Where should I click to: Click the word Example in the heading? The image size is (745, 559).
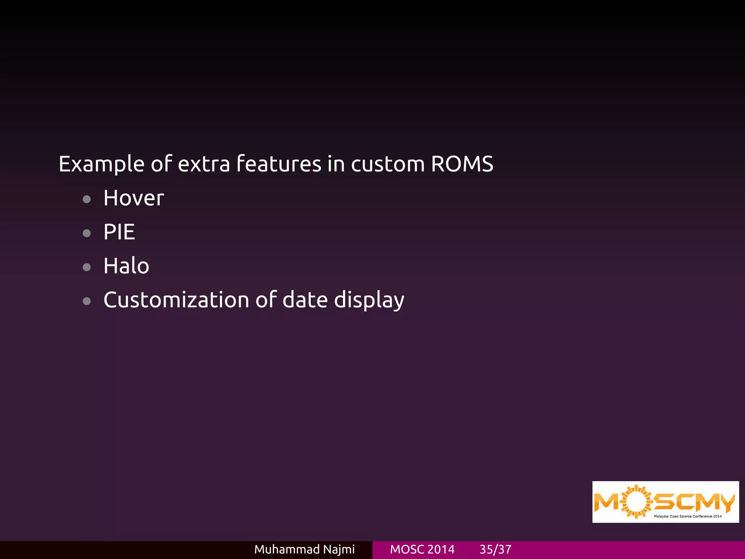pos(101,164)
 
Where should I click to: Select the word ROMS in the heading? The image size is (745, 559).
pos(462,164)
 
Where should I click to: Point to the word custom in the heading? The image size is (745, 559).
pos(387,164)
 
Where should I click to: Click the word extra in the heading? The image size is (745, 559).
pos(204,164)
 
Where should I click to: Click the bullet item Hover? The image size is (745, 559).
pos(134,198)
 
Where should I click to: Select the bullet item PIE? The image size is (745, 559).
pos(119,232)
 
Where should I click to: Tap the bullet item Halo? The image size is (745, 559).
pos(126,266)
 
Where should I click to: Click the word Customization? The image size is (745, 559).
pos(176,300)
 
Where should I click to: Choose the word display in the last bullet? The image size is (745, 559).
pos(369,301)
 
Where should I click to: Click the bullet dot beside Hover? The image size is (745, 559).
pos(87,199)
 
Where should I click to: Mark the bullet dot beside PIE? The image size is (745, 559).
pos(87,233)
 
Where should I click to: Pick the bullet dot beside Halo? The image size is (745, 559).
pos(87,267)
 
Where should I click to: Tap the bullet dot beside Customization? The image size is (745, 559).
pos(87,301)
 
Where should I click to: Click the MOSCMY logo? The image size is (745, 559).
pos(665,502)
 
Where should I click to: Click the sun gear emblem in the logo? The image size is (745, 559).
pos(636,501)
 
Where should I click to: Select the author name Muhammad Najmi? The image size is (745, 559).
pos(304,549)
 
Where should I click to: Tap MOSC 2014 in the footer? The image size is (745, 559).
pos(422,549)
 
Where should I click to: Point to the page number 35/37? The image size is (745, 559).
pos(495,549)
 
